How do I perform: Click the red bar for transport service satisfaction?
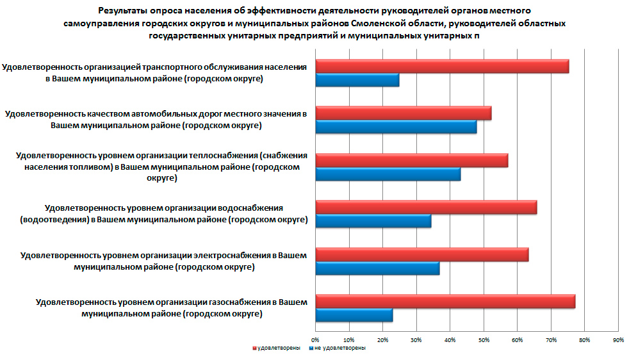pos(442,66)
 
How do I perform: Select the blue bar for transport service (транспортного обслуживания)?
pos(357,80)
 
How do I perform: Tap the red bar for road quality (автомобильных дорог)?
pos(404,113)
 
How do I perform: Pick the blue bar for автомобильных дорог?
pos(396,127)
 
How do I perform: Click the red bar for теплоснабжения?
pos(412,160)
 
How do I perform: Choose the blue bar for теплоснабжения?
pos(388,174)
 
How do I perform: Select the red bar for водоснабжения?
pos(426,207)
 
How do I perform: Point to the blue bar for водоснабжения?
pos(373,221)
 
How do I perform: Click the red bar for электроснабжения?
pos(422,254)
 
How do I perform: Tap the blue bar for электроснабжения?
pos(377,268)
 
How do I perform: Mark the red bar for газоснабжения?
pos(445,301)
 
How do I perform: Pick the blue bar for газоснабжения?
pos(354,315)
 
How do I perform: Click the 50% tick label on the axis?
pos(484,340)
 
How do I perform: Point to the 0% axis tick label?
pos(315,340)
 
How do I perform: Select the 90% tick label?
pos(618,340)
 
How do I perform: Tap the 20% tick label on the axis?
pos(382,340)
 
